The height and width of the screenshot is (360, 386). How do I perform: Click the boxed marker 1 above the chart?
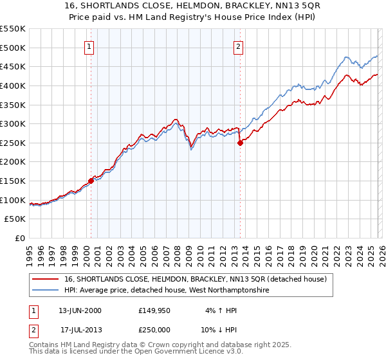tap(89, 46)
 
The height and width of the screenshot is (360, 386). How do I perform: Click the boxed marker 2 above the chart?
tap(238, 46)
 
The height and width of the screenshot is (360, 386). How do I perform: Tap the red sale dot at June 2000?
tap(91, 181)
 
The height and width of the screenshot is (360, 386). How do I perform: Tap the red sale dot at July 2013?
tap(240, 143)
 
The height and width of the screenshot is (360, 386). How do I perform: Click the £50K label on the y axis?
tap(15, 219)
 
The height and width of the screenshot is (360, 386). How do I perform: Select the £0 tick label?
tap(21, 239)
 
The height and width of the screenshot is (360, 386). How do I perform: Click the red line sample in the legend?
tap(46, 279)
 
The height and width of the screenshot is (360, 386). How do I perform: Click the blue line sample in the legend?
tap(46, 291)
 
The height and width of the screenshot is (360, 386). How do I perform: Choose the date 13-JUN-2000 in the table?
tap(80, 310)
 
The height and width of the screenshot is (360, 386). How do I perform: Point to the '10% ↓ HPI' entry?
tap(220, 330)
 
